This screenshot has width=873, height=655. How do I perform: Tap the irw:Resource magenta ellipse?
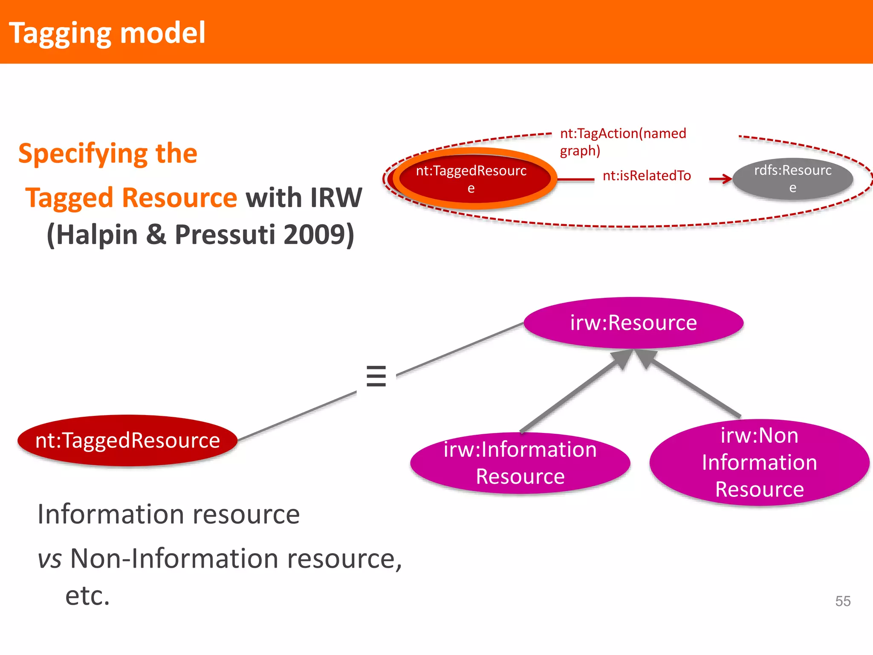tap(633, 323)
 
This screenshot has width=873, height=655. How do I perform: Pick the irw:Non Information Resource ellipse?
tap(759, 462)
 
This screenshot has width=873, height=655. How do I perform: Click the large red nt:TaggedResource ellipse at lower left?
tap(127, 440)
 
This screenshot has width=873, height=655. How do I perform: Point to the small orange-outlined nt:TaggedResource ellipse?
tap(471, 179)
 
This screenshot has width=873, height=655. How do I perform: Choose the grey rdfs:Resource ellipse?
tap(792, 179)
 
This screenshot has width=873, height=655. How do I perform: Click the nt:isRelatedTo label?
tap(647, 176)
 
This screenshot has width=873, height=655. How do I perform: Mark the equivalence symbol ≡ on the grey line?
tap(376, 376)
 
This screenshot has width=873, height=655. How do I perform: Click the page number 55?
tap(843, 601)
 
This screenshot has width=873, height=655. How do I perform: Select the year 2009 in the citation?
tap(314, 235)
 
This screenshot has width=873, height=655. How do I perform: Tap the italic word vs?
tap(50, 559)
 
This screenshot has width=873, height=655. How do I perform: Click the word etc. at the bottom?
tap(87, 596)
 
